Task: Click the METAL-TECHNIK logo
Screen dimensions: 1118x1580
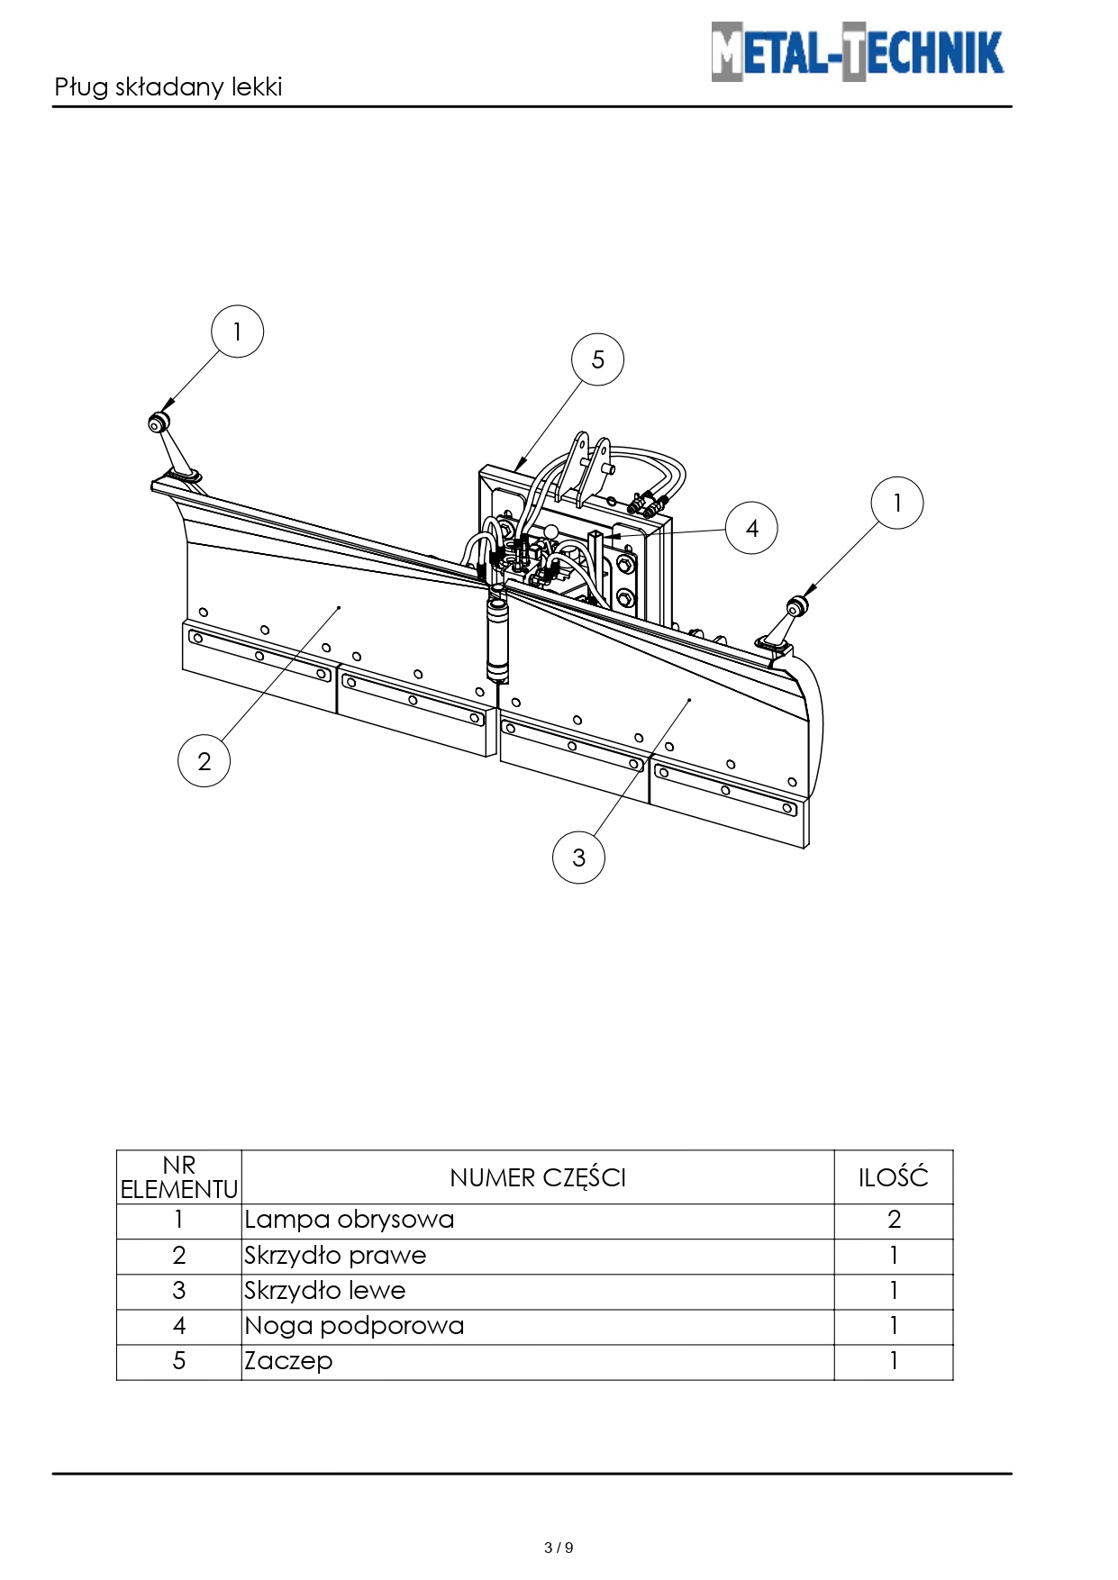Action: point(857,52)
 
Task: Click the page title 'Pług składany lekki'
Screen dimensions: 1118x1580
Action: point(168,87)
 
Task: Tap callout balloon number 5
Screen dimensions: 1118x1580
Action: point(597,359)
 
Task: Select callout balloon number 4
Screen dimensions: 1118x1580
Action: point(751,528)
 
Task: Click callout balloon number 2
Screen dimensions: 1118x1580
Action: point(205,761)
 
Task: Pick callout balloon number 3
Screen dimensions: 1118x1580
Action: point(578,858)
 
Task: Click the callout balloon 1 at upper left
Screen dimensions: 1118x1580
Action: point(237,331)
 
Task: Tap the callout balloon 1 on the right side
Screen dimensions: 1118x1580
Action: point(897,503)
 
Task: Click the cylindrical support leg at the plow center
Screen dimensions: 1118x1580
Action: point(498,635)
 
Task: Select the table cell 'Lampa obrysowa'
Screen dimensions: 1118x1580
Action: point(349,1220)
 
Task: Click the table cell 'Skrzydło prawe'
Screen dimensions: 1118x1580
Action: point(335,1256)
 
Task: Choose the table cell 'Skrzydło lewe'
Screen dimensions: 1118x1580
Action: point(325,1291)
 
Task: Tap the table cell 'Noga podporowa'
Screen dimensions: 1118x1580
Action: point(354,1326)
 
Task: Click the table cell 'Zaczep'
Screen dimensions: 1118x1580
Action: point(288,1361)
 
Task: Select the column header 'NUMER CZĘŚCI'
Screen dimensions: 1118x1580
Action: point(538,1177)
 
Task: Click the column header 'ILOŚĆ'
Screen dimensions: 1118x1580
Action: point(893,1176)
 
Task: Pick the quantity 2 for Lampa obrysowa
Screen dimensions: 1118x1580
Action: point(894,1220)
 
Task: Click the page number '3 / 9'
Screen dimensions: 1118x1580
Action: point(559,1548)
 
